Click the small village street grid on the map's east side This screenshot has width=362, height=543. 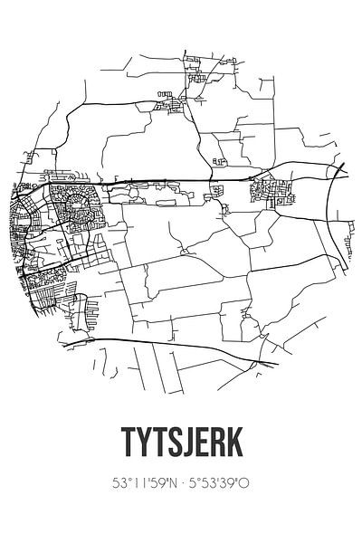[x=271, y=190]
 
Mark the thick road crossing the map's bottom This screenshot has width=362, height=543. [x=181, y=347]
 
